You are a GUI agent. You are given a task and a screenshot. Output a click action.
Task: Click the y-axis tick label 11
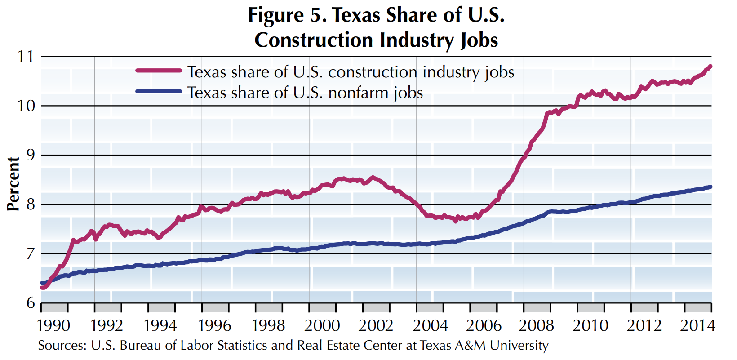click(x=26, y=57)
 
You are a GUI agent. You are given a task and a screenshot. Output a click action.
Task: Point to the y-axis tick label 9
click(x=30, y=155)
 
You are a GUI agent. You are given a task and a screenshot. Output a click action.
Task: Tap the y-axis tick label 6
click(x=30, y=303)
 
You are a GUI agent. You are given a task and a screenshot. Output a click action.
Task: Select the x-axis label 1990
click(x=53, y=325)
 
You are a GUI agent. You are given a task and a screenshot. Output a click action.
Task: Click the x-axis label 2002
click(x=376, y=325)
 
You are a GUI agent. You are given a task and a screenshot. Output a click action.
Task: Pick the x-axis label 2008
click(x=536, y=325)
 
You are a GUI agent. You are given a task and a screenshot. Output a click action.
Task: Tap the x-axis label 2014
click(x=697, y=325)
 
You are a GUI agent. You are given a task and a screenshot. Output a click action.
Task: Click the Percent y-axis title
click(x=13, y=184)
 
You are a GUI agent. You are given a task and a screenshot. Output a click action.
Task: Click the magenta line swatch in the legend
click(x=158, y=71)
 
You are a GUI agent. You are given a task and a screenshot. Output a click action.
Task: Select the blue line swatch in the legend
click(x=158, y=91)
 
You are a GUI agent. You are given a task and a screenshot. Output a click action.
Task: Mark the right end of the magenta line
click(x=710, y=67)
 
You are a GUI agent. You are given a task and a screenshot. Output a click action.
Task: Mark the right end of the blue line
click(x=710, y=187)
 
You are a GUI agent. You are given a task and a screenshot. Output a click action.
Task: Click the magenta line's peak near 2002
click(x=373, y=178)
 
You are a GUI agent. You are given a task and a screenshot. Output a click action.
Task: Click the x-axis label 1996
click(x=214, y=325)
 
